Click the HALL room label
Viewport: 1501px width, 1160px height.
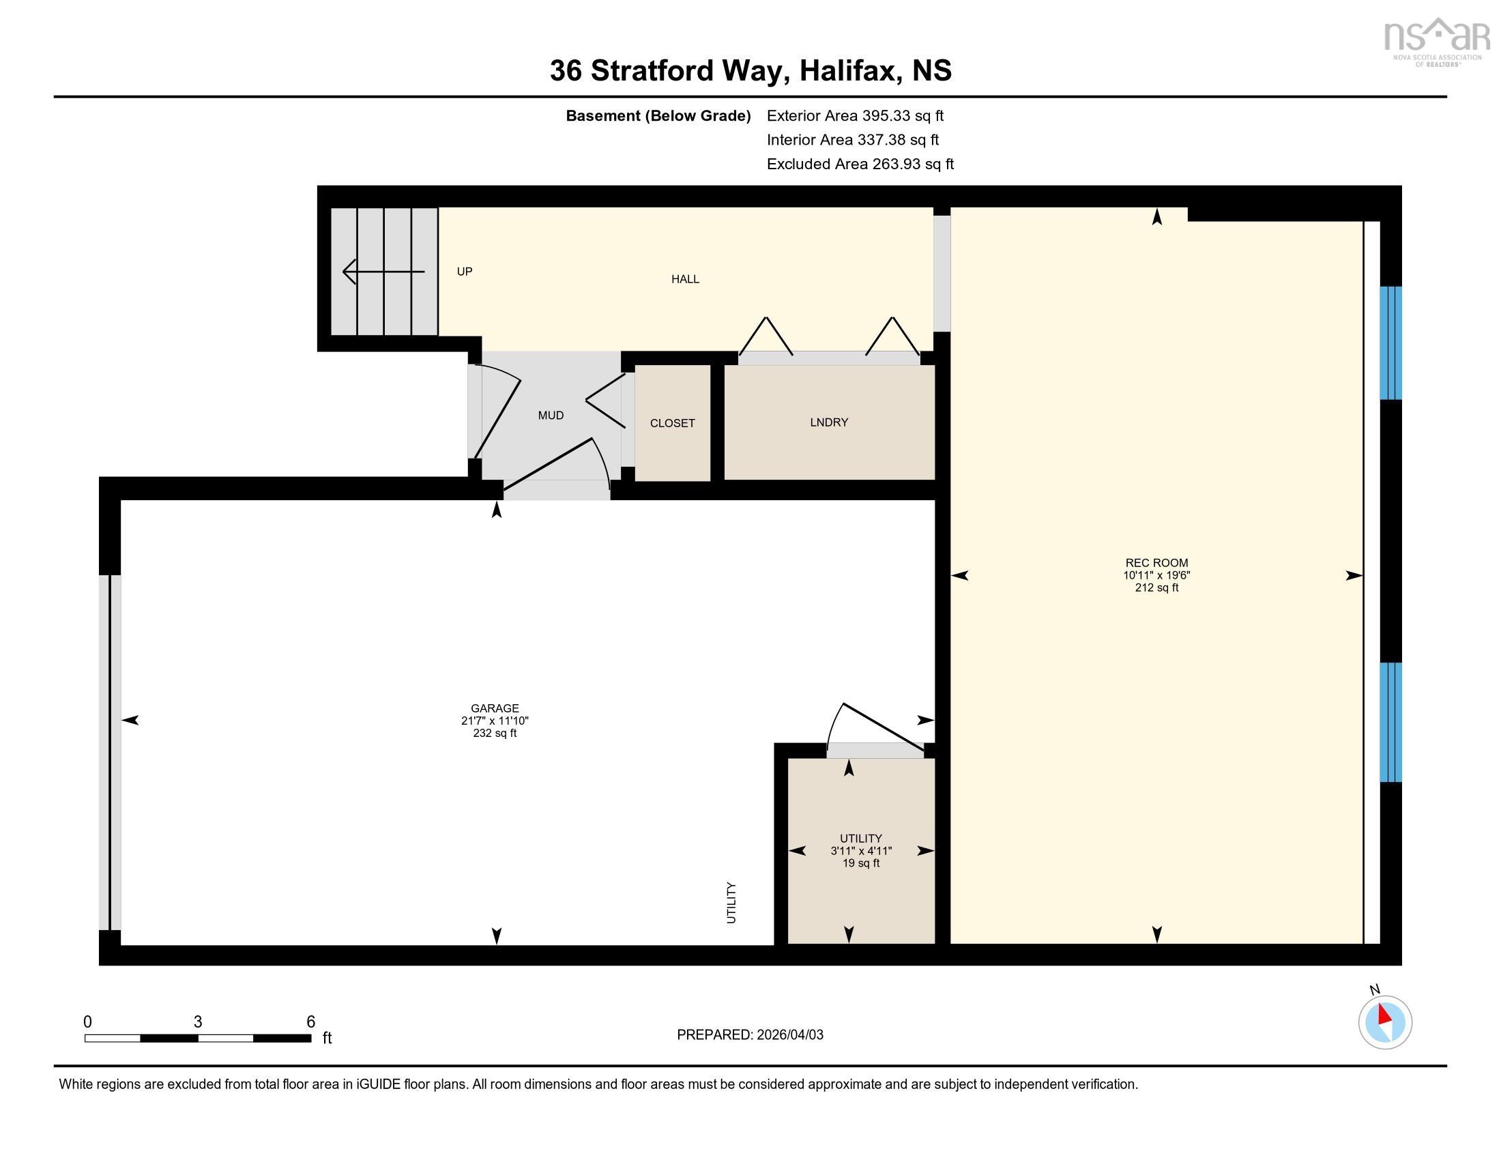[684, 279]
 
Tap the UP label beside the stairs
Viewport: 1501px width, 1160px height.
[465, 272]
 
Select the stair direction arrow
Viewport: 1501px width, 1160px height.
[383, 272]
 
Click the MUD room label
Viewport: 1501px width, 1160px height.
[551, 415]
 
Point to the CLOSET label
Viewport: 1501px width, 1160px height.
[672, 423]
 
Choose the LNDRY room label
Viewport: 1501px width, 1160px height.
[829, 422]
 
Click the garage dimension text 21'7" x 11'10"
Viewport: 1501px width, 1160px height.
[495, 721]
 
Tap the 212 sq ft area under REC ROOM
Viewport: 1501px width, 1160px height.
[1156, 588]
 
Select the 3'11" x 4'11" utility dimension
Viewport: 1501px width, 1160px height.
[860, 851]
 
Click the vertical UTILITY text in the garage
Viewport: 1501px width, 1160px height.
[731, 902]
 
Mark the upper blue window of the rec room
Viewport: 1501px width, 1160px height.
[1390, 343]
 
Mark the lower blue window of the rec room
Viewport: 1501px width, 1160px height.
[1390, 721]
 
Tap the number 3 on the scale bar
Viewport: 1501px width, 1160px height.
[198, 1022]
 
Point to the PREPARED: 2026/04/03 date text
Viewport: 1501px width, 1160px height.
[750, 1035]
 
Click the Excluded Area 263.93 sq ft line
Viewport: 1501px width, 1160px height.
[860, 164]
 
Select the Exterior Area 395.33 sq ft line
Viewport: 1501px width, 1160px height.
[855, 116]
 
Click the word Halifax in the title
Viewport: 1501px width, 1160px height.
[850, 71]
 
